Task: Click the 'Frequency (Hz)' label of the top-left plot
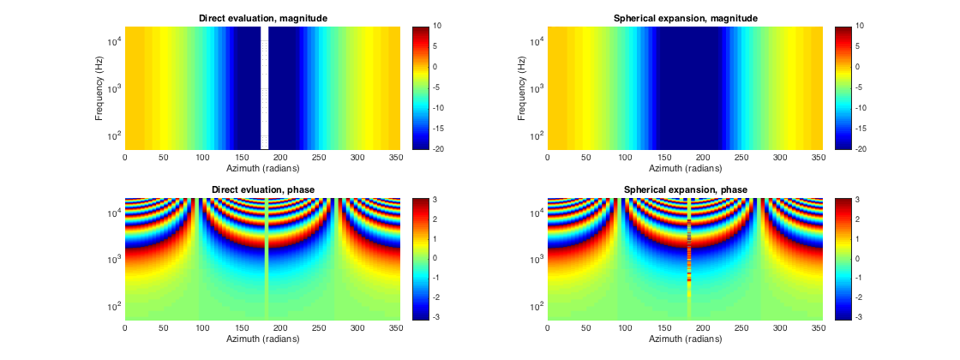pos(100,87)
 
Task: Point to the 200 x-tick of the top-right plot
pos(704,158)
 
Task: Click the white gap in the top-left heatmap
pos(265,87)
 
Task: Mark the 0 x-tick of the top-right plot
pos(547,158)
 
